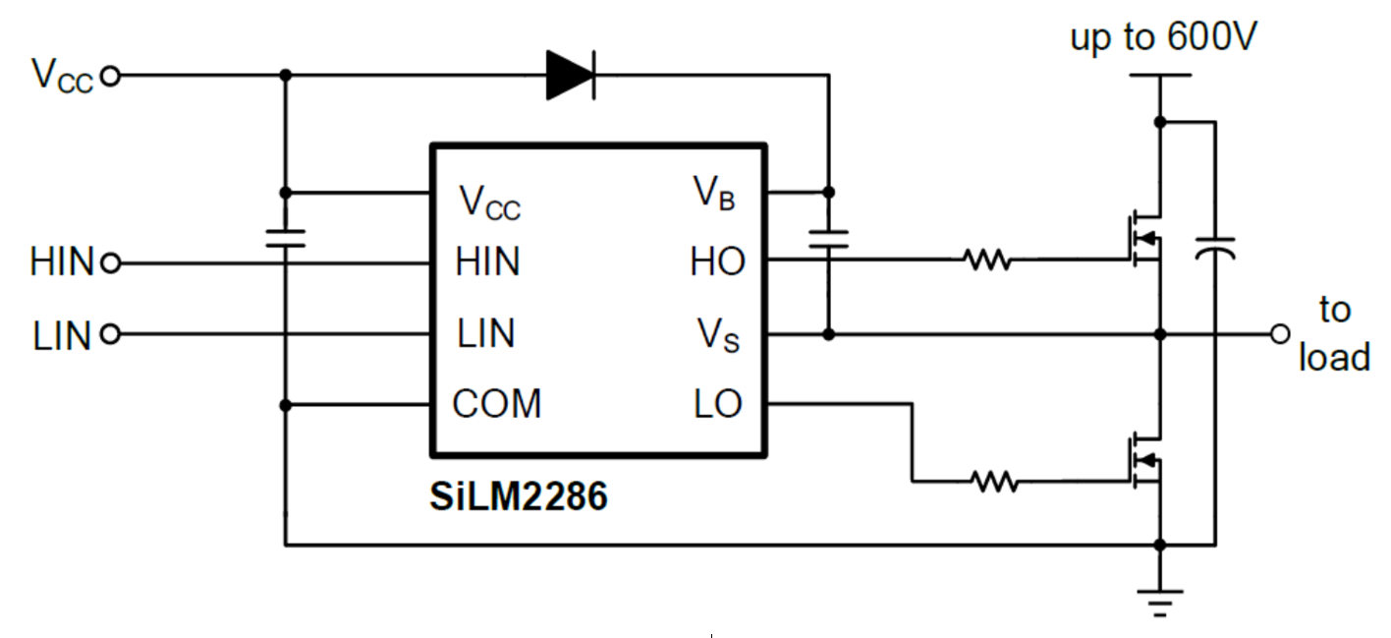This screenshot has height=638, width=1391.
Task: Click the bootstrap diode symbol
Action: click(571, 75)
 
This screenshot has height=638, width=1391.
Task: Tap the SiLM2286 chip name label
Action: click(519, 497)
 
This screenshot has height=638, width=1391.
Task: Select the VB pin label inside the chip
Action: click(715, 194)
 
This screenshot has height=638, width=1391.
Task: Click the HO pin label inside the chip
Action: click(717, 262)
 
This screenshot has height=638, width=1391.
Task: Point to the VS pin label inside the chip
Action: click(719, 335)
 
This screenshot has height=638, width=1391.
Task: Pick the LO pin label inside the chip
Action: click(718, 404)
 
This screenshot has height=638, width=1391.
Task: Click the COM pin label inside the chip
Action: click(497, 404)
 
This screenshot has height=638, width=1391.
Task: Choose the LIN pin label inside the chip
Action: click(486, 334)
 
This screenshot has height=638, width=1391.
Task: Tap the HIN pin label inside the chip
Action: click(488, 262)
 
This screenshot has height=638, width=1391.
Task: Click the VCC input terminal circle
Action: click(111, 76)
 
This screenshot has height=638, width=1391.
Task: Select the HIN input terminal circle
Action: click(111, 263)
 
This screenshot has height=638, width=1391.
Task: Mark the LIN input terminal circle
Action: click(111, 335)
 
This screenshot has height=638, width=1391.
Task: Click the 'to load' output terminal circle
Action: click(1280, 334)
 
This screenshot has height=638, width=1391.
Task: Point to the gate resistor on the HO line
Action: click(986, 261)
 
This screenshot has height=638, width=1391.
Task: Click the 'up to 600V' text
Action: click(1164, 40)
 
